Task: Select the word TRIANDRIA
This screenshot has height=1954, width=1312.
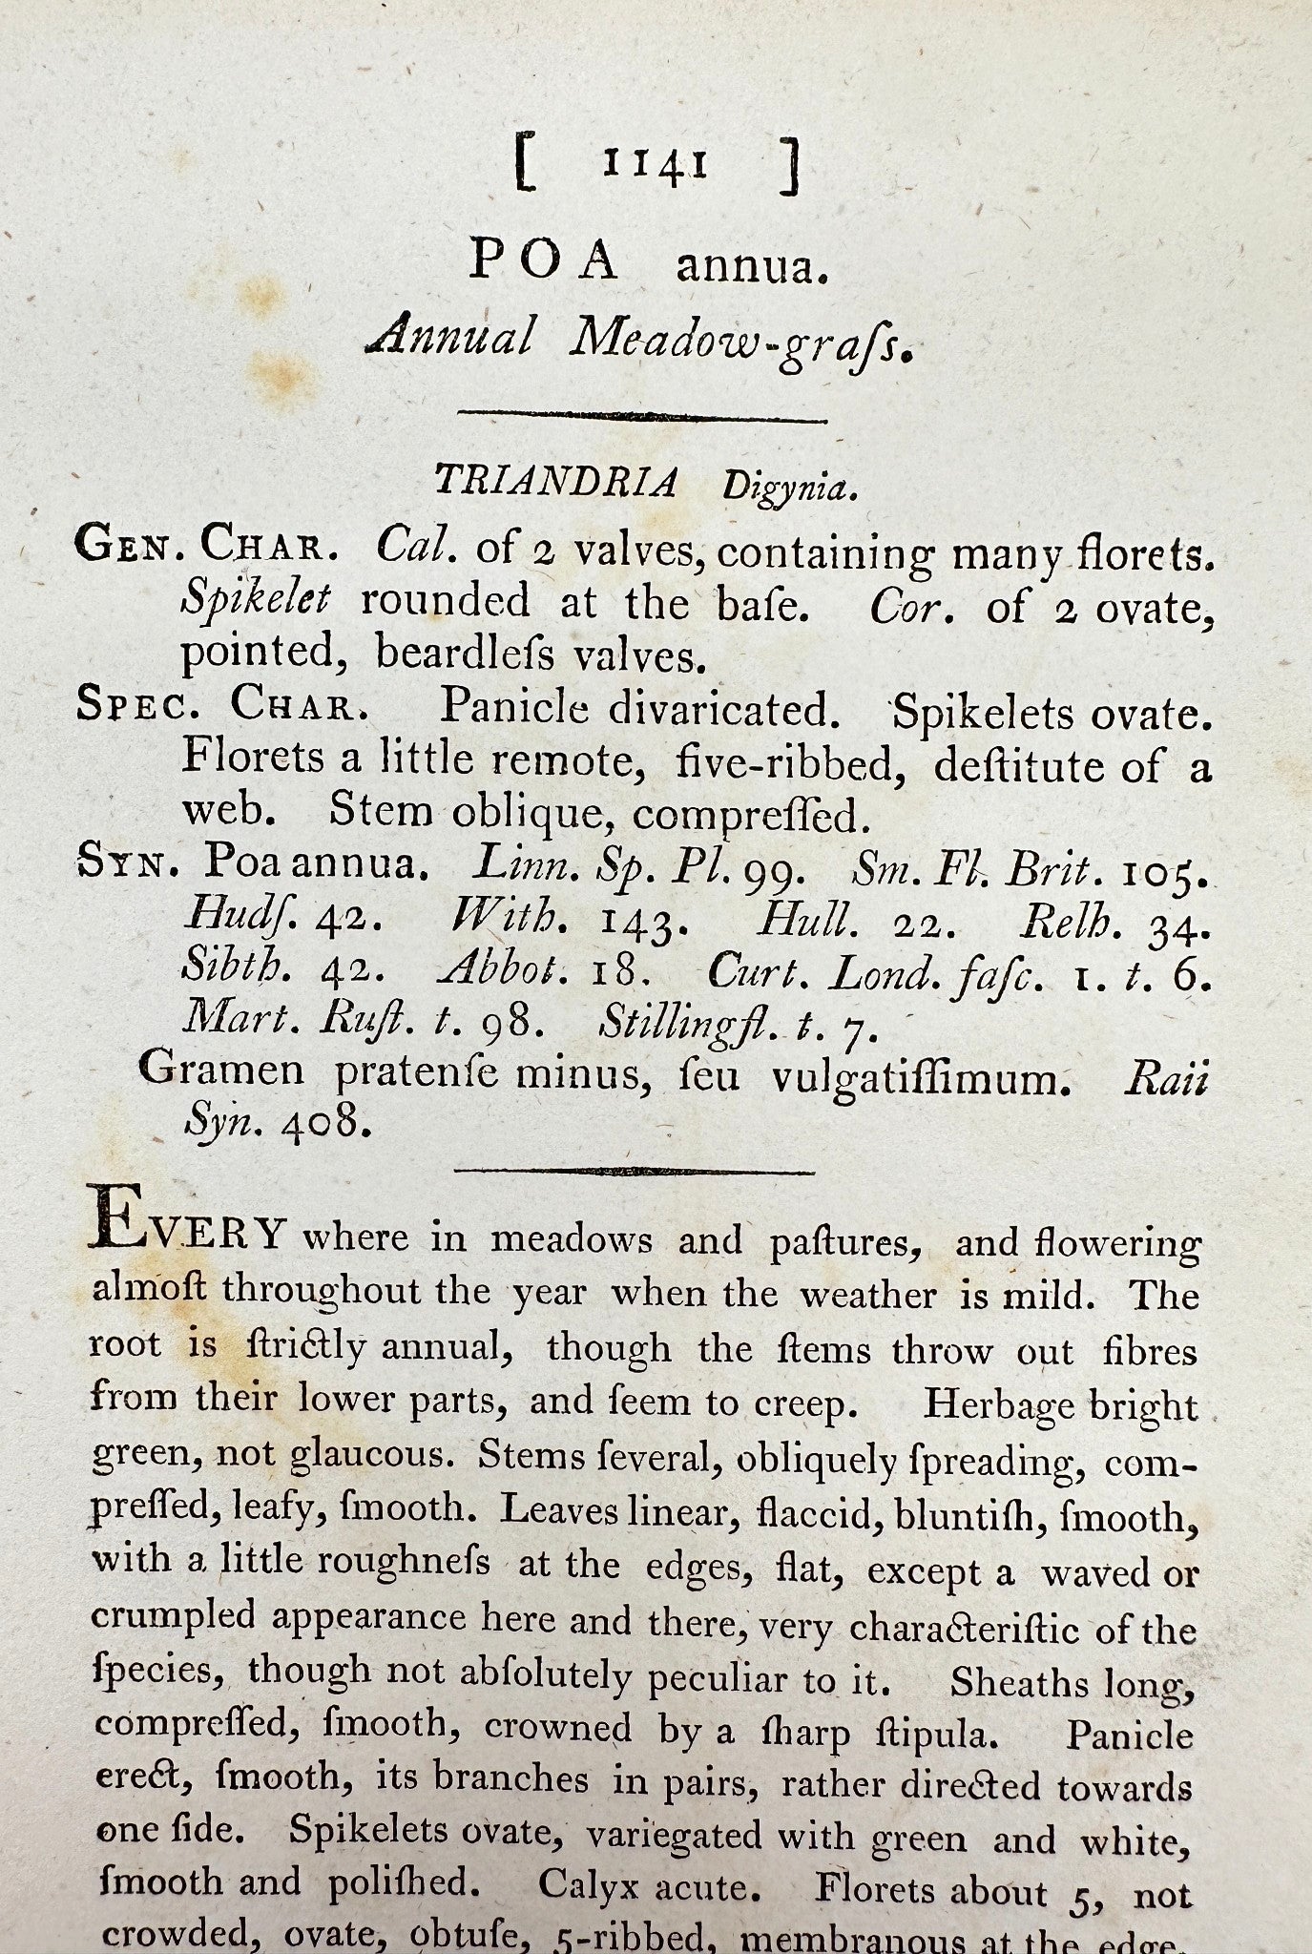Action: (x=555, y=483)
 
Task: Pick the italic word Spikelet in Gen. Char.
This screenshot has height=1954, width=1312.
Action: (x=256, y=602)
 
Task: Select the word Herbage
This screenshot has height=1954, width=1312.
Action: (x=995, y=1404)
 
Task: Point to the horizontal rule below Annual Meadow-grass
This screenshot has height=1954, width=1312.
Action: (x=642, y=416)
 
